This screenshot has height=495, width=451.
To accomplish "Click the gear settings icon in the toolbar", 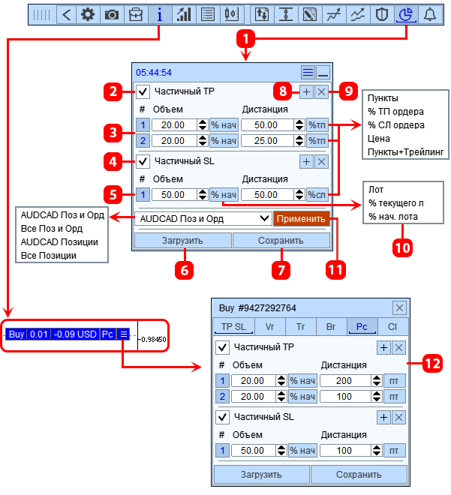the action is [x=88, y=14].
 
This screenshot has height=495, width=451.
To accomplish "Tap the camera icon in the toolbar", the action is [x=112, y=14].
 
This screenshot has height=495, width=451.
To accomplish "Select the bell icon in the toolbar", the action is [x=429, y=14].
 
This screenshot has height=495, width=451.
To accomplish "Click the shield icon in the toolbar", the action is [x=381, y=14].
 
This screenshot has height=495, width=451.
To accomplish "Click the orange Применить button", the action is [x=301, y=219].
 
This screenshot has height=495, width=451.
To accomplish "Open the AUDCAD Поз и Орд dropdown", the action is [x=203, y=218].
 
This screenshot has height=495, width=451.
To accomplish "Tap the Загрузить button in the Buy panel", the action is [x=261, y=475].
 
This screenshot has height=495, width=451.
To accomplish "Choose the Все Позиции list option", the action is [x=49, y=256].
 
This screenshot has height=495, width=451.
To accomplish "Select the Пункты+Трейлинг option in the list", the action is [x=405, y=152].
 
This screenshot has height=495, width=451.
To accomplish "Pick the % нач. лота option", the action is [x=393, y=217].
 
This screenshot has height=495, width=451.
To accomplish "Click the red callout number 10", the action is [x=403, y=247].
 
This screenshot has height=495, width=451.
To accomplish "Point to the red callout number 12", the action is [x=432, y=364].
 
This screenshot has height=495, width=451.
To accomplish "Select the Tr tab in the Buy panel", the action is [x=300, y=327].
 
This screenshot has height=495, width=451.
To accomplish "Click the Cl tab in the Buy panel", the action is [x=392, y=327].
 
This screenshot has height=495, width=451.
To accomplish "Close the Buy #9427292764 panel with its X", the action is [x=399, y=307].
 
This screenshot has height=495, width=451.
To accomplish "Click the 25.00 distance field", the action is [x=267, y=141].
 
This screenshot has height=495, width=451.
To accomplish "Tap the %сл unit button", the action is [x=317, y=195].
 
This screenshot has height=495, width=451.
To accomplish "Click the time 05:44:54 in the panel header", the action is [x=154, y=73].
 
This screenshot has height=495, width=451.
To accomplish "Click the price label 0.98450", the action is [x=154, y=339].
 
